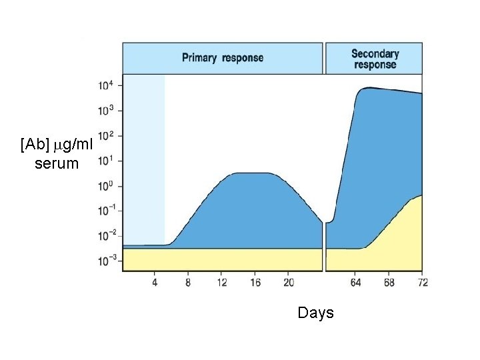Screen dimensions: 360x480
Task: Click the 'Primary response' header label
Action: [223, 58]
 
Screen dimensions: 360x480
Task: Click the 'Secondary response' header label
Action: [375, 59]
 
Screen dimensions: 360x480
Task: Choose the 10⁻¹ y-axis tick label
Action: [107, 210]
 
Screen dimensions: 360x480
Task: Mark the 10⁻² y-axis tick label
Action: [107, 235]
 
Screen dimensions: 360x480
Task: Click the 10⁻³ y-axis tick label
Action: [107, 260]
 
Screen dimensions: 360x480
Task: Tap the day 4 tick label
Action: [155, 283]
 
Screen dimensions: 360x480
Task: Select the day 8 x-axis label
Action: [188, 283]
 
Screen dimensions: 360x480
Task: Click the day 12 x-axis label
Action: [221, 283]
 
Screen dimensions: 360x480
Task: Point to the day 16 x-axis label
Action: [255, 283]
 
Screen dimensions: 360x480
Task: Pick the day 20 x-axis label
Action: [289, 283]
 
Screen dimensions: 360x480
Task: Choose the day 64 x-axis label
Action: [355, 283]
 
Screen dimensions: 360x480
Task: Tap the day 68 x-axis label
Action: [389, 283]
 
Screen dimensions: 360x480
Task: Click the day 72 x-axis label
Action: [421, 283]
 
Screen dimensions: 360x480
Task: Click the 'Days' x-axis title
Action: [315, 313]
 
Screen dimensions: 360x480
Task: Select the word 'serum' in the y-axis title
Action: [56, 163]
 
